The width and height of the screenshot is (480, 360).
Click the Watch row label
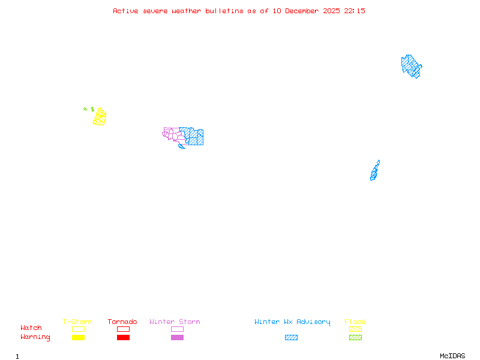pyautogui.click(x=31, y=328)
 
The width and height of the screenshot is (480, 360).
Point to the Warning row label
pyautogui.click(x=35, y=337)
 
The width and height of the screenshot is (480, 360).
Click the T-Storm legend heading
pyautogui.click(x=77, y=322)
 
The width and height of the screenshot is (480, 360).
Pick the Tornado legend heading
pyautogui.click(x=122, y=322)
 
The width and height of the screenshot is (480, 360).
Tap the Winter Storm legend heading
pyautogui.click(x=175, y=322)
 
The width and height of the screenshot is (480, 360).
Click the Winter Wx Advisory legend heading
pyautogui.click(x=292, y=322)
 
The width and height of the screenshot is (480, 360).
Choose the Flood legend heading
pyautogui.click(x=355, y=322)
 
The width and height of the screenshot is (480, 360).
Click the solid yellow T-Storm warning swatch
pyautogui.click(x=78, y=338)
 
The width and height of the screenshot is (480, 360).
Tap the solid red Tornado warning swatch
pyautogui.click(x=123, y=338)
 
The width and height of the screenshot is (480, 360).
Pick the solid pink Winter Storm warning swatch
pyautogui.click(x=177, y=338)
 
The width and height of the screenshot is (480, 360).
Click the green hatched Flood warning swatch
pyautogui.click(x=355, y=338)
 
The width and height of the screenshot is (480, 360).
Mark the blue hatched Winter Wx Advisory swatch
pyautogui.click(x=291, y=338)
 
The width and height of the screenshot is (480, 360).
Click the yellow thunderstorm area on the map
pyautogui.click(x=100, y=117)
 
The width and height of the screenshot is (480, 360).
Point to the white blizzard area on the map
pyautogui.click(x=380, y=164)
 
